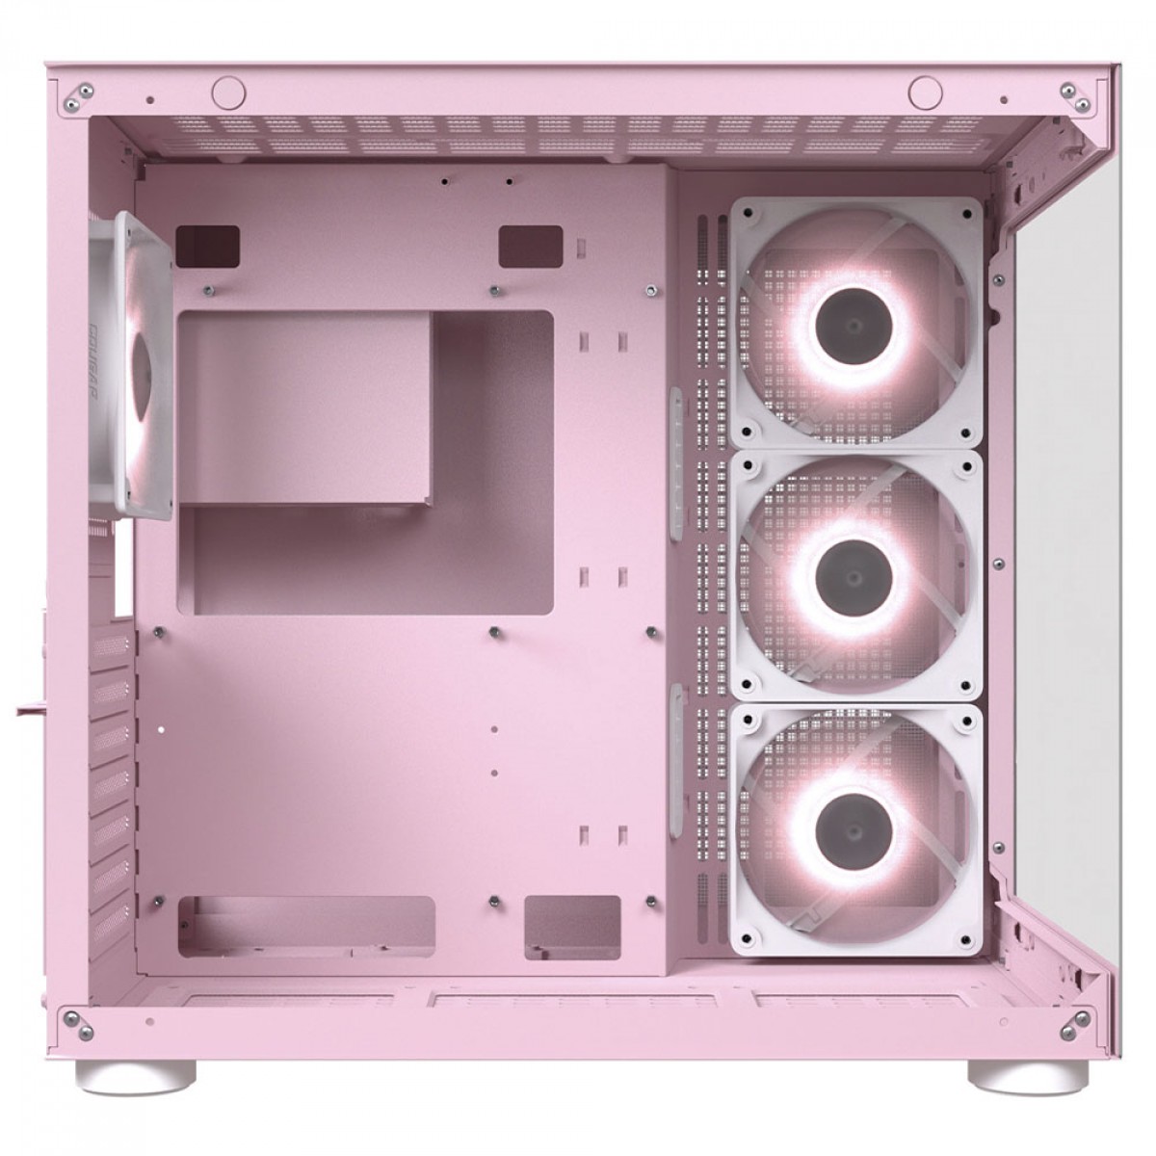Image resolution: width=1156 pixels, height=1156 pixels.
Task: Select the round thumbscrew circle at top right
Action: (x=926, y=92)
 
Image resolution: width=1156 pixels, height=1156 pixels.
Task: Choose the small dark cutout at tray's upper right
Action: (x=530, y=245)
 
